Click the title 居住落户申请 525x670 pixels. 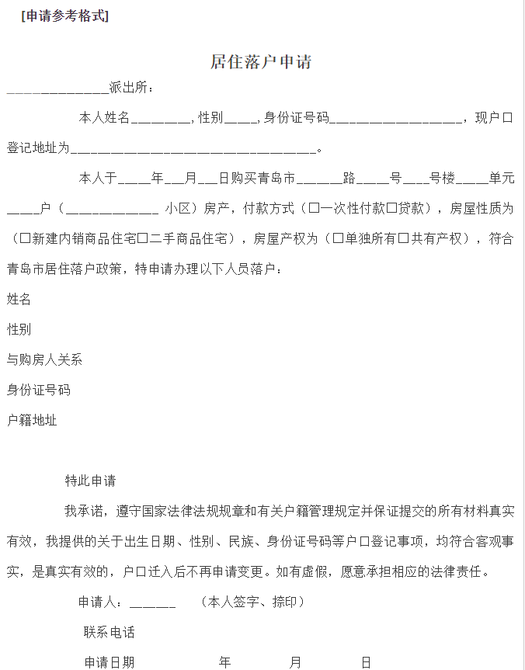click(x=261, y=62)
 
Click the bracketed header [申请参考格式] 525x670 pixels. click(x=64, y=16)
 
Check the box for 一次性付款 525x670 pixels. click(x=313, y=208)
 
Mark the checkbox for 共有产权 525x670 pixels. click(x=403, y=238)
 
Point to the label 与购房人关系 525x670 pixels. click(x=44, y=359)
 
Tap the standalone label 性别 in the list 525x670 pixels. click(x=19, y=329)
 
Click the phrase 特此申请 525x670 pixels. click(x=90, y=481)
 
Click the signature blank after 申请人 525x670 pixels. click(x=152, y=603)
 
